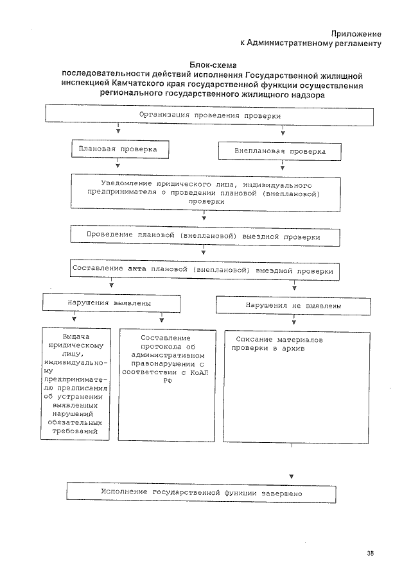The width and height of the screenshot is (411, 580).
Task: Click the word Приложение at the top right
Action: (356, 33)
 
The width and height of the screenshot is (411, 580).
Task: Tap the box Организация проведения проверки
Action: (210, 116)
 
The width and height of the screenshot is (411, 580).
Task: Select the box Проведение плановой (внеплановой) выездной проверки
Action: (204, 236)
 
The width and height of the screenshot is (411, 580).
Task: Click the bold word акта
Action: (137, 271)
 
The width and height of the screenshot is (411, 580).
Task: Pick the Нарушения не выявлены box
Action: (293, 306)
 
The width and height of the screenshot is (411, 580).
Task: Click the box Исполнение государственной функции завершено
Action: (201, 493)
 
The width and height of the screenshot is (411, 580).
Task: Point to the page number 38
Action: (371, 553)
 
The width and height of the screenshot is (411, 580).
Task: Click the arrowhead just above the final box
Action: (292, 477)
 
